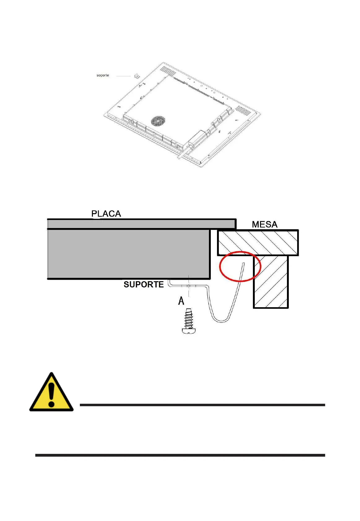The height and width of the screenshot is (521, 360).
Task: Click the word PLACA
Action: coord(106,213)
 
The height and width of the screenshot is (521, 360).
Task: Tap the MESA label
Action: coord(264,224)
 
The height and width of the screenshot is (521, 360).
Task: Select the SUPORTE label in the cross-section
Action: coord(144,284)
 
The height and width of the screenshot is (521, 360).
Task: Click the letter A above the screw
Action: coord(181,300)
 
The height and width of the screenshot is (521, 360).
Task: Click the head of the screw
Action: coord(189,331)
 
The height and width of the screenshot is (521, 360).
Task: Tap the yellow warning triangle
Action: coord(51,393)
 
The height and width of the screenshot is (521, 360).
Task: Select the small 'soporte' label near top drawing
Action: coord(103,75)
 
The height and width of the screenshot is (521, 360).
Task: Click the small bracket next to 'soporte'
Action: coord(136,76)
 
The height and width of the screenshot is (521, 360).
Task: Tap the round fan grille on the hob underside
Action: coord(158,121)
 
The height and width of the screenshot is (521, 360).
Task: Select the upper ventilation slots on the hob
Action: coord(168,71)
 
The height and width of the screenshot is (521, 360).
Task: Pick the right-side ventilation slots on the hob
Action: coord(243,111)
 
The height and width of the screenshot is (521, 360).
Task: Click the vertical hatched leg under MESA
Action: coord(271,282)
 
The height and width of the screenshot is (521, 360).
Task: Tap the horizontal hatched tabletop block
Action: coord(258,243)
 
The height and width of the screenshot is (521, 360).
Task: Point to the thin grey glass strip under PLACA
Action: coord(141,224)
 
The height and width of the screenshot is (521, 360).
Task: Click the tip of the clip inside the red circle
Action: coord(244,264)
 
